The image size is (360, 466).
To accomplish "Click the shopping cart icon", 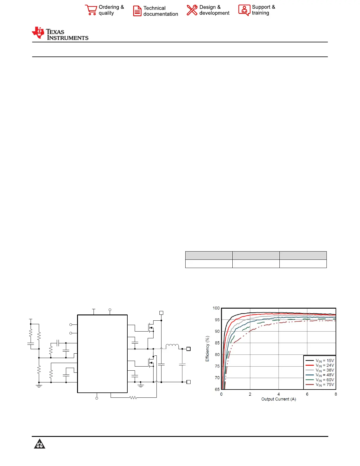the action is tap(91, 10).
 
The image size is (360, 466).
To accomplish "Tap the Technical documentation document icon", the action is tap(137, 11).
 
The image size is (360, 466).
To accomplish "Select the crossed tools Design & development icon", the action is tap(192, 10).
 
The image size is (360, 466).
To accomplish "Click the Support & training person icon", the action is tap(244, 10).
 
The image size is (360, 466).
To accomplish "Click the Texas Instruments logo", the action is tap(60, 34).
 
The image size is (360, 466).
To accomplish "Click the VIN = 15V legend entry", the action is tap(320, 360).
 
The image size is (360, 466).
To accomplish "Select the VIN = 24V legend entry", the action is tap(320, 365).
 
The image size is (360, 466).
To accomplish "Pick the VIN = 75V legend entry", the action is tap(320, 385).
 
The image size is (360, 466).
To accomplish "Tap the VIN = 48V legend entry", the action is tap(320, 375).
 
